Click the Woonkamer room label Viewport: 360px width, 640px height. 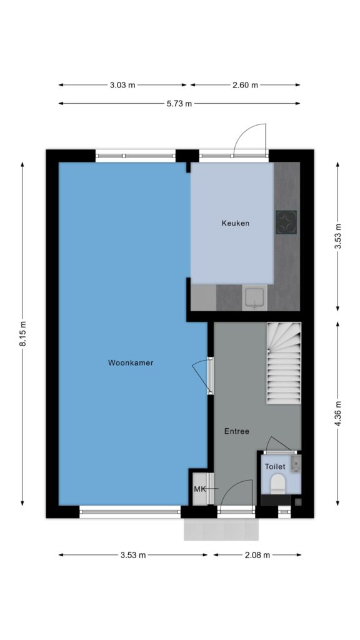tap(131, 362)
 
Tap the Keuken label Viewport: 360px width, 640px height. tap(236, 223)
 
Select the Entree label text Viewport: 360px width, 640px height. tap(237, 431)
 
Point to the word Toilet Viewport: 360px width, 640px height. tap(275, 466)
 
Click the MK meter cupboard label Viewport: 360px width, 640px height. tap(199, 489)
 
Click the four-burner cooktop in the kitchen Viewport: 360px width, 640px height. tap(286, 222)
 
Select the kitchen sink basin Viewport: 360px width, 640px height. tap(255, 297)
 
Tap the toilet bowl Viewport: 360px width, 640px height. tap(278, 483)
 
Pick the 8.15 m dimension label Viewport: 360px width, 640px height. tap(23, 334)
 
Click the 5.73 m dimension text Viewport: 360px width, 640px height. tap(179, 104)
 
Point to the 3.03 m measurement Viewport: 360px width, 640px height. tap(122, 85)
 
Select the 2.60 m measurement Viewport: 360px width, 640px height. tap(245, 85)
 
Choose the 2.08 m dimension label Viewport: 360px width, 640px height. tap(257, 555)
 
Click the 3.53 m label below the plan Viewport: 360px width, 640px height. tap(133, 555)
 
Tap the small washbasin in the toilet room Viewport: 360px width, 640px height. tap(296, 464)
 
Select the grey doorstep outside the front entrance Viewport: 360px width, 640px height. tap(221, 529)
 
